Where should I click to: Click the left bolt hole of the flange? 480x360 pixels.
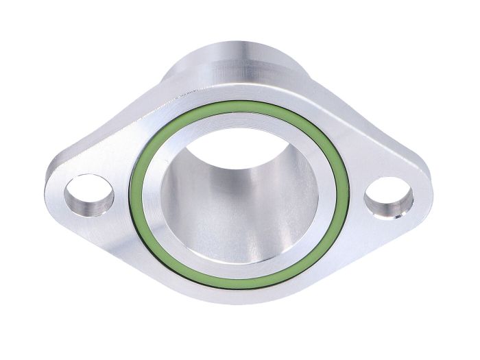pos(89,195)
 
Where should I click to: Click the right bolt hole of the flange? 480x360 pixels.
pos(389,198)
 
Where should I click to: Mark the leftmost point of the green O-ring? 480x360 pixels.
pos(132,195)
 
